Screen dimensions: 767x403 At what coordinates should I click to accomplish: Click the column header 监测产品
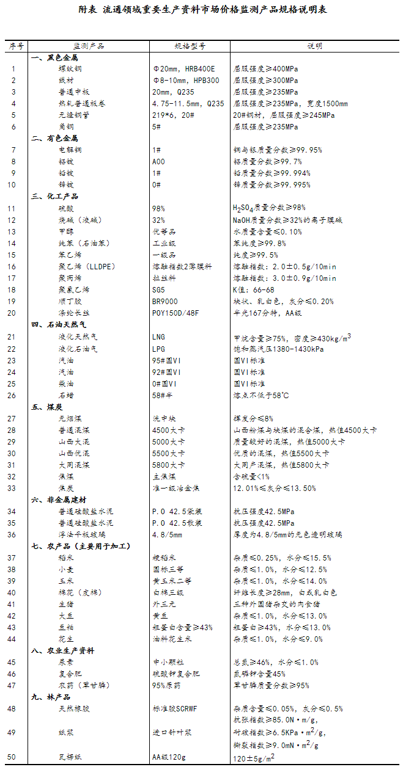pos(89,46)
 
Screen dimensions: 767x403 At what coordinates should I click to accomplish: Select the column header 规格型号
pos(190,46)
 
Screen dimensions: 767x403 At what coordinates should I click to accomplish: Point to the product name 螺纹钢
pos(70,69)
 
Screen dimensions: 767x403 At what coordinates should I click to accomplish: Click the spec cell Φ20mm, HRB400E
pos(183,69)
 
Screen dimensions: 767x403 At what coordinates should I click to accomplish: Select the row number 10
pos(13,184)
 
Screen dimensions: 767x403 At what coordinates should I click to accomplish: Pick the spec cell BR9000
pos(166,301)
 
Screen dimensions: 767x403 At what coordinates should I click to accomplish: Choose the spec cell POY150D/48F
pos(176,313)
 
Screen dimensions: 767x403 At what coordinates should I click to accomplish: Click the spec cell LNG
pos(158,336)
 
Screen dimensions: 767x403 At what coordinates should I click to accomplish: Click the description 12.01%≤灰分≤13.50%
pos(275,488)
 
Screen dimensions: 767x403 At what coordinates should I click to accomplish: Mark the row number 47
pos(13,685)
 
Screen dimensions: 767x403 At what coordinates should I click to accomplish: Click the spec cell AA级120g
pos(169,757)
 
